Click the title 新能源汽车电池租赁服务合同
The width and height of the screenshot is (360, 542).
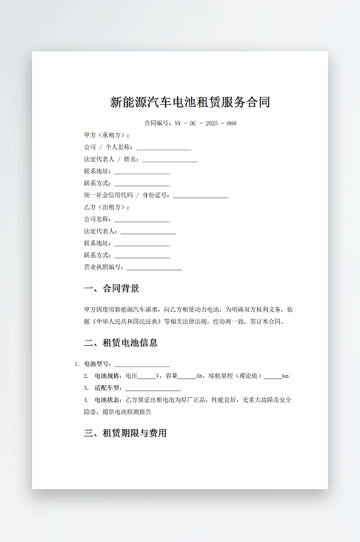190,103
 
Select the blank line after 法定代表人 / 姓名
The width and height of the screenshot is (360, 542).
170,160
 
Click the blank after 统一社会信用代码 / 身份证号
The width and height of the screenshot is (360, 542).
200,196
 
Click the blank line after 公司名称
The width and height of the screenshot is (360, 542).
142,220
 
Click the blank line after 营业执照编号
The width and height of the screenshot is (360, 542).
154,268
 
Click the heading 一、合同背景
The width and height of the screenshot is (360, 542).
112,289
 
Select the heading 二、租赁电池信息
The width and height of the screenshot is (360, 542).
121,343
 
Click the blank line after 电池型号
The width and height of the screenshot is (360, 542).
142,364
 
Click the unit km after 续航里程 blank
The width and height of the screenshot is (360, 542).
285,376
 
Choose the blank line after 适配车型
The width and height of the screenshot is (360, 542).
153,388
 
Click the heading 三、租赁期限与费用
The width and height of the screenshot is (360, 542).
125,433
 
